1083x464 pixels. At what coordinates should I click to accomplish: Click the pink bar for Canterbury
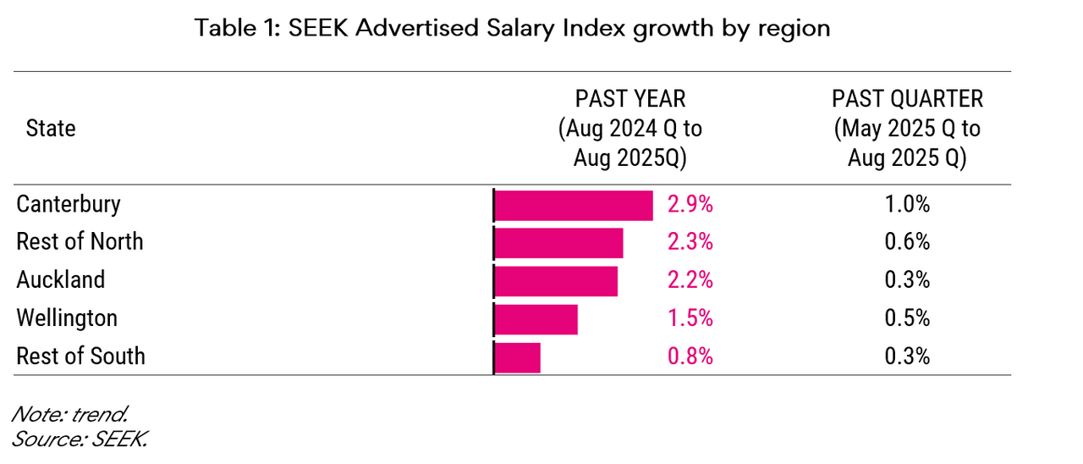coord(573,205)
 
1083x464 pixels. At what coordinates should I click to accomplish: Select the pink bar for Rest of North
coord(558,243)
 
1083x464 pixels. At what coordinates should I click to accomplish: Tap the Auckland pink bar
coord(556,280)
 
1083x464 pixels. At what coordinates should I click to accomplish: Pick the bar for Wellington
coord(536,319)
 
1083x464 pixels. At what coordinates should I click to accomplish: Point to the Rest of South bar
coord(517,356)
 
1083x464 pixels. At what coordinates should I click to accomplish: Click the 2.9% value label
coord(690,205)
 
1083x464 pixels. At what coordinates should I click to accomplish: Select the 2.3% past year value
coord(690,243)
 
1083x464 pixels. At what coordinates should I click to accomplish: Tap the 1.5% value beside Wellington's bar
coord(690,319)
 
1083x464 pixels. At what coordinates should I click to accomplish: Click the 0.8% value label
coord(690,356)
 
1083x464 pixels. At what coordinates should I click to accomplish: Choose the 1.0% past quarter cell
coord(907,205)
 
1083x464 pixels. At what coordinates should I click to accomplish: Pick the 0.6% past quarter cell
coord(907,243)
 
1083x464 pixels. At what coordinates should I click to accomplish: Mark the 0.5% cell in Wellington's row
coord(907,319)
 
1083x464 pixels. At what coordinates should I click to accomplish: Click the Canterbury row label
coord(69,205)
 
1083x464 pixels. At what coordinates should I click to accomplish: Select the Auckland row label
coord(61,280)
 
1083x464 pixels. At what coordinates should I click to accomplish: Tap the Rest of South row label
coord(80,356)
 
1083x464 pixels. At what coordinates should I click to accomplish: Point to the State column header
coord(51,129)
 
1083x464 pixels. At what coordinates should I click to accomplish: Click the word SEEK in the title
coord(318,28)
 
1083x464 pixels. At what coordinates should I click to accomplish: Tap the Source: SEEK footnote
coord(80,439)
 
